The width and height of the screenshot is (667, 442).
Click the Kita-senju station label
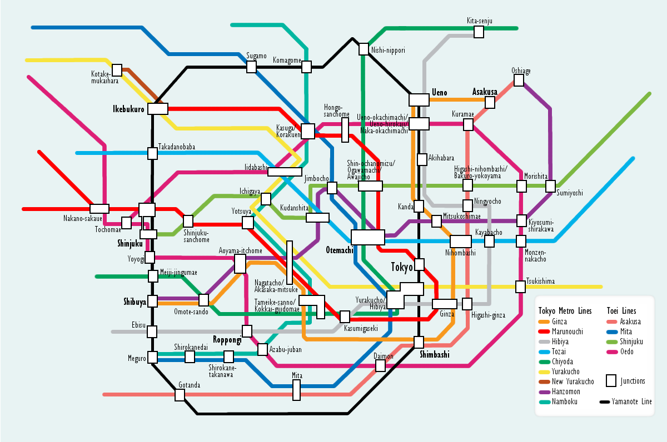coord(479,21)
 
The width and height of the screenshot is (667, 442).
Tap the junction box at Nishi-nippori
coord(363,49)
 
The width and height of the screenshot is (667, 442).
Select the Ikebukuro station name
coord(128,109)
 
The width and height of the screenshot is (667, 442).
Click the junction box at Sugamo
coord(251,67)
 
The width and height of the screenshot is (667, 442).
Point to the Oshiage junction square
coord(519,81)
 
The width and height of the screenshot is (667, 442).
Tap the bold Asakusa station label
coord(484,92)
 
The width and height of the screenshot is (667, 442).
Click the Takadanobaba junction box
coord(152,153)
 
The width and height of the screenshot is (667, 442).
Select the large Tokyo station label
coord(402,267)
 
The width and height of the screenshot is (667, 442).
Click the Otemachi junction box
coord(367,237)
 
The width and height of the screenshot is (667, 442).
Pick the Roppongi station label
coord(227,339)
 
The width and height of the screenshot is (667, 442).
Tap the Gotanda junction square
coord(180,395)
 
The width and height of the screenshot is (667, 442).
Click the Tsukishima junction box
coord(520,287)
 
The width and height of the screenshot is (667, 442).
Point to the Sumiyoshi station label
coord(570,193)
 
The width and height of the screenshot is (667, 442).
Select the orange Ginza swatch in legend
coord(544,322)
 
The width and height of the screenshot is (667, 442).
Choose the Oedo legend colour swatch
coord(612,351)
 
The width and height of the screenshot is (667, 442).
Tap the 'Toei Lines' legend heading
coord(621,311)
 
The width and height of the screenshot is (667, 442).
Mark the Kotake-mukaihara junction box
coord(117,71)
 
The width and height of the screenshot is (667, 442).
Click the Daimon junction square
coord(380,365)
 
